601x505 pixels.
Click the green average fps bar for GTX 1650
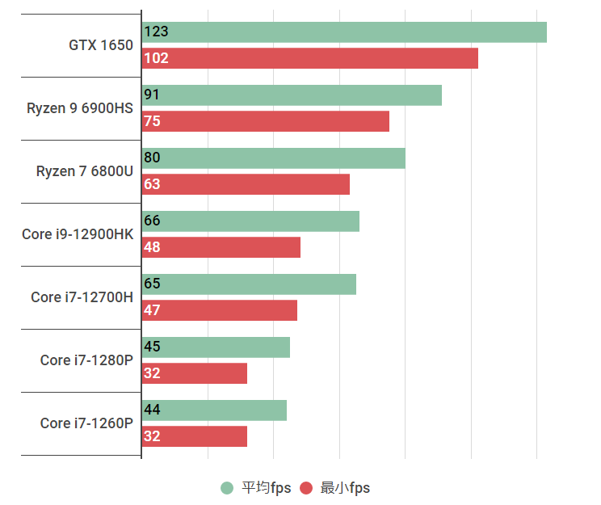344,32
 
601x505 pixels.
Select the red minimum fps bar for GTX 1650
309,58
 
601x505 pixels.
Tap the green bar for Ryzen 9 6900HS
292,95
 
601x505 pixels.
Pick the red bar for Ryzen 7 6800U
246,184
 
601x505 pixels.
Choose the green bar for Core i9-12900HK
250,221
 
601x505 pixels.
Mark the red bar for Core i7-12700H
220,310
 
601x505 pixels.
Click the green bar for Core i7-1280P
216,347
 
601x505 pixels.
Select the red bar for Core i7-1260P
195,436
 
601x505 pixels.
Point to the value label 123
156,32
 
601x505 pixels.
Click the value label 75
152,121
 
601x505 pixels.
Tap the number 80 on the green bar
152,158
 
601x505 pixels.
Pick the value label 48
152,247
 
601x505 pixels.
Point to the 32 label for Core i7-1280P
152,373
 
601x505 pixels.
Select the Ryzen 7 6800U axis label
84,171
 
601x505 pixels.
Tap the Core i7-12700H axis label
82,297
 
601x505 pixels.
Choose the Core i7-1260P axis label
86,423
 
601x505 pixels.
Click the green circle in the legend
227,488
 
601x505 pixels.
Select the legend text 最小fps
345,488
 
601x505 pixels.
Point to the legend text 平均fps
267,488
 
